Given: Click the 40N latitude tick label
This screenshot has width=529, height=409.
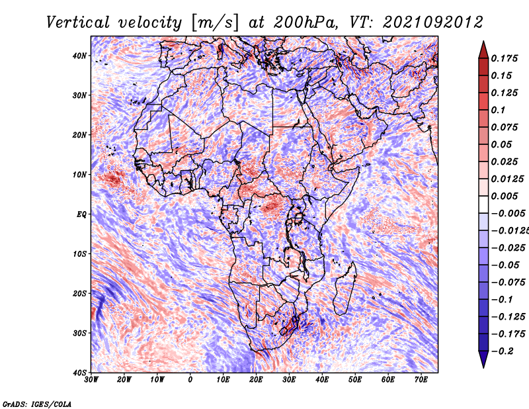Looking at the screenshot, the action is (x=79, y=56).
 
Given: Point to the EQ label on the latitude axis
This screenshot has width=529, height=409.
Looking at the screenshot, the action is (x=81, y=214).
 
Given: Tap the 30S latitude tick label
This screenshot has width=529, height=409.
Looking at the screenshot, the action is (x=80, y=334).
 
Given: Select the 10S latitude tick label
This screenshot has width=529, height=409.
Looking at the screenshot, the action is (x=80, y=254).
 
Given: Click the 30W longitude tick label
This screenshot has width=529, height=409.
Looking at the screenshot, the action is (x=91, y=380).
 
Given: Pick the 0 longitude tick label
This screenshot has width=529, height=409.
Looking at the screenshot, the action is (x=190, y=380).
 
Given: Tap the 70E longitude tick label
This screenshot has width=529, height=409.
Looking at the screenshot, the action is (x=421, y=380).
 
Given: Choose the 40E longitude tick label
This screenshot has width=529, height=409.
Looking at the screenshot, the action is (x=322, y=380).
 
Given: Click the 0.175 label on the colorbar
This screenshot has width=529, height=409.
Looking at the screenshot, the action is (x=505, y=58).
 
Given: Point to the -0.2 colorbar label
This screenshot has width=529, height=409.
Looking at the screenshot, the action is (x=503, y=351).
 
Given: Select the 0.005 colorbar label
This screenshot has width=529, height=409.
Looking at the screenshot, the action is (x=505, y=196).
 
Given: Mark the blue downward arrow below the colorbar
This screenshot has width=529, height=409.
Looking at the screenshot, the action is (x=483, y=359).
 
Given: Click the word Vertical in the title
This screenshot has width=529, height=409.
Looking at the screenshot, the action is (x=77, y=23).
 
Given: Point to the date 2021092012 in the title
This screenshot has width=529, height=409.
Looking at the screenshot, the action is (x=433, y=23).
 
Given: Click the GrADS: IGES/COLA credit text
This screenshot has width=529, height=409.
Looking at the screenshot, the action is (x=37, y=404).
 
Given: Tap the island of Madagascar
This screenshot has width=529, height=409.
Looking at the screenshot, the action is (x=345, y=288).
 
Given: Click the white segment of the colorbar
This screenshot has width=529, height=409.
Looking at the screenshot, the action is (x=483, y=204).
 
